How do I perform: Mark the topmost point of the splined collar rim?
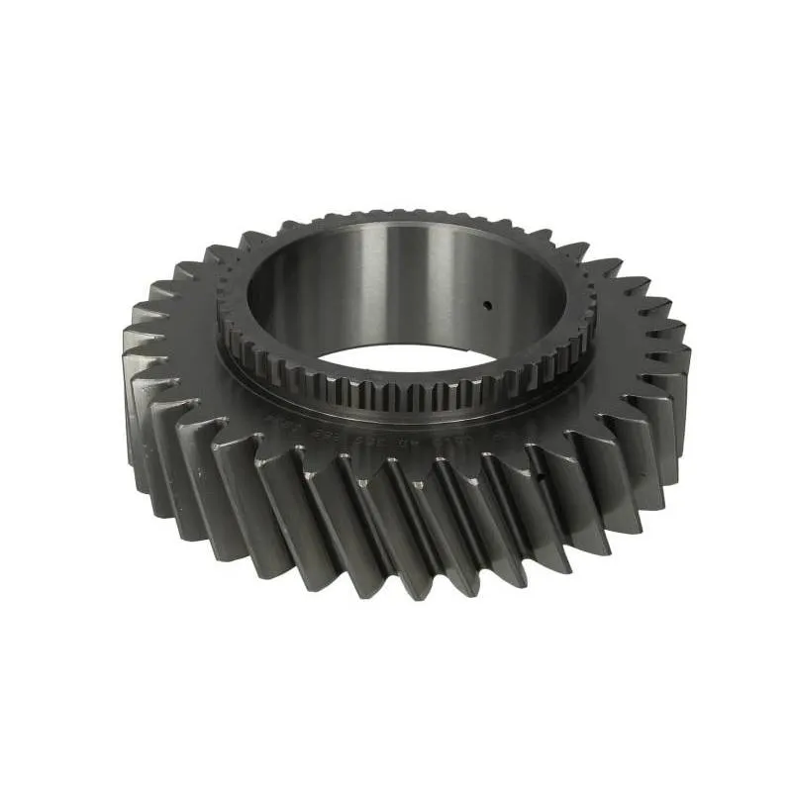396,213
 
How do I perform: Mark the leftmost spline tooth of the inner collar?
223,317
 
